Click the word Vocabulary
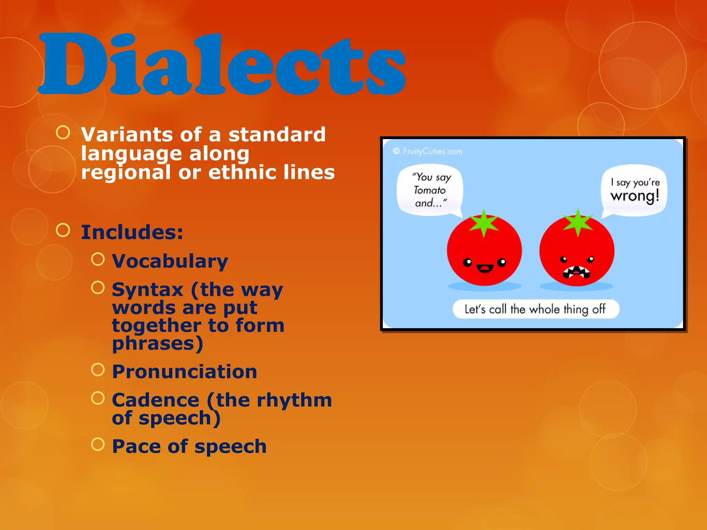pos(170,261)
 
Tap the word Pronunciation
pos(185,372)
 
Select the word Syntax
pos(148,290)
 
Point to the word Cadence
pos(156,400)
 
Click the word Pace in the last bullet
pos(136,446)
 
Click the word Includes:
pos(132,232)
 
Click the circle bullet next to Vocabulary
pos(98,259)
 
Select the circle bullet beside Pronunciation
pos(98,370)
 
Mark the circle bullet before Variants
pos(63,132)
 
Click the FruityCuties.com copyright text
pos(428,151)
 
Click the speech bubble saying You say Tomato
pos(430,190)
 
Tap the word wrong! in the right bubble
pos(635,196)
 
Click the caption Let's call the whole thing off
pos(535,309)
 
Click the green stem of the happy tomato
pos(484,223)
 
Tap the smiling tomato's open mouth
pos(485,268)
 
